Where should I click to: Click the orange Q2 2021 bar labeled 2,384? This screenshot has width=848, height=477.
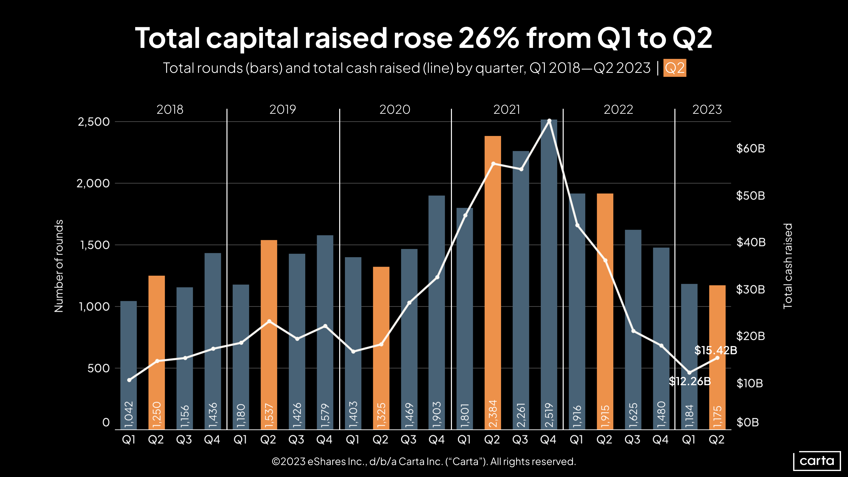493,283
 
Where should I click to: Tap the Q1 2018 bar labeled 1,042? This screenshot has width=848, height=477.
128,365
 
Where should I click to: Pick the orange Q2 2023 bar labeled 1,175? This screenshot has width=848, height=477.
717,357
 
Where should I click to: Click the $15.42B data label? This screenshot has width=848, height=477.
716,350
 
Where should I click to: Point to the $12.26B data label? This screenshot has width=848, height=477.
690,381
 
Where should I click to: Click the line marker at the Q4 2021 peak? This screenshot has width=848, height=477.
549,121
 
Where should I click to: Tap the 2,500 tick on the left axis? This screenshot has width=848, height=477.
94,122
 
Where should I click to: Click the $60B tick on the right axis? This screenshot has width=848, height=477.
750,148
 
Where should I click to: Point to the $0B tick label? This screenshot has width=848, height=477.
747,422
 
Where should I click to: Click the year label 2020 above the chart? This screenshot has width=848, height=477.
395,110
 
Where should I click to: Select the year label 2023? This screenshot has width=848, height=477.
707,110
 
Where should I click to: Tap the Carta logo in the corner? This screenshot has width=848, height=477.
817,461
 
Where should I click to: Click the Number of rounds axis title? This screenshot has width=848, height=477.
59,266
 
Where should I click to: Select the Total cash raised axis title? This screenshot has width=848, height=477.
787,266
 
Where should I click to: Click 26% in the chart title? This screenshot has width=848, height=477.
489,38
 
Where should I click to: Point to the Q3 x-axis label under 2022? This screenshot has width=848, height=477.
632,440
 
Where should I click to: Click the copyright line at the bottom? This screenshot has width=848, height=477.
424,462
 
